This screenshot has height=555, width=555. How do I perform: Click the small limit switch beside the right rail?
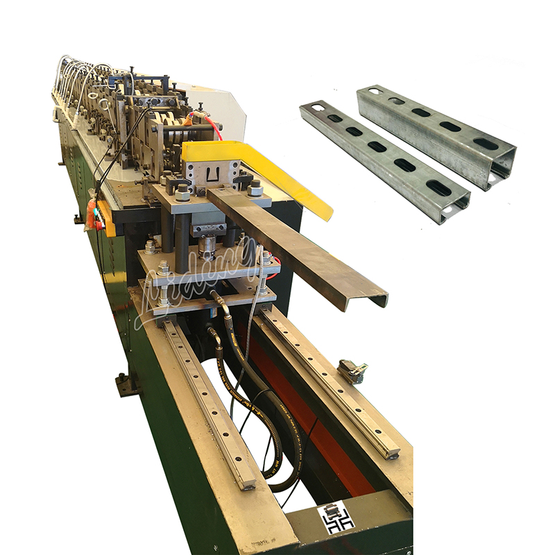(x=352, y=371)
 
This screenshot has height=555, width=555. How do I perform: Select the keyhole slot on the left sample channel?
(x=316, y=108)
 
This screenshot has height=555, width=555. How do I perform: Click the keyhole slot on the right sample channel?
(x=374, y=91)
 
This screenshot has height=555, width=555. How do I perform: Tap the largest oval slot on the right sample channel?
(x=486, y=144)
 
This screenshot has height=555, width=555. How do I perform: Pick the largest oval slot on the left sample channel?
(x=438, y=187)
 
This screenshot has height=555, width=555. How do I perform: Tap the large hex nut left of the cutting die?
(x=182, y=193)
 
